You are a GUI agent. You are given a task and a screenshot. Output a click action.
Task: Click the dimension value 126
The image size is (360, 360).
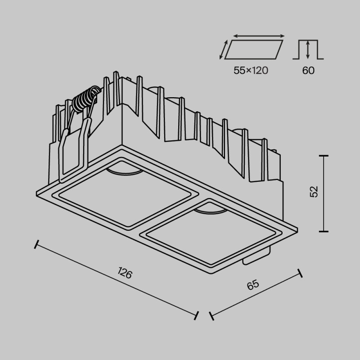125,273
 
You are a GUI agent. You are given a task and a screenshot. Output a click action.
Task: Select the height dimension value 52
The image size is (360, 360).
314,191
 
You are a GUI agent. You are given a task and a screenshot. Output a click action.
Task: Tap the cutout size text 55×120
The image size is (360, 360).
251,70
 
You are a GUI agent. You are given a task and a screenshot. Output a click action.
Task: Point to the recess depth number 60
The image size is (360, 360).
308,70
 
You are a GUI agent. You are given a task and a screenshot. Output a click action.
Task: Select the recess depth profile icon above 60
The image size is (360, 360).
308,49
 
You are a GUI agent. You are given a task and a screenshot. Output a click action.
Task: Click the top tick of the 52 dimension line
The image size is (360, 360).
323,156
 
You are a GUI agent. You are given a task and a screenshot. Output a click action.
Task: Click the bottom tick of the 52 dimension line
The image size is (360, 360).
323,231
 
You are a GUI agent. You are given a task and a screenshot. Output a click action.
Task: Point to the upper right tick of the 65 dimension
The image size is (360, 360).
300,273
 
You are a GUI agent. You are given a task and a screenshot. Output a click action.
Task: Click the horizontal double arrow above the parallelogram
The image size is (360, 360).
259,36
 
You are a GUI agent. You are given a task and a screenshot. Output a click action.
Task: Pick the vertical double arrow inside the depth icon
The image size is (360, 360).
308,49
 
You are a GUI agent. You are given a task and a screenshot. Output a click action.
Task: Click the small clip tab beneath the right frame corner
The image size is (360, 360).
254,259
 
